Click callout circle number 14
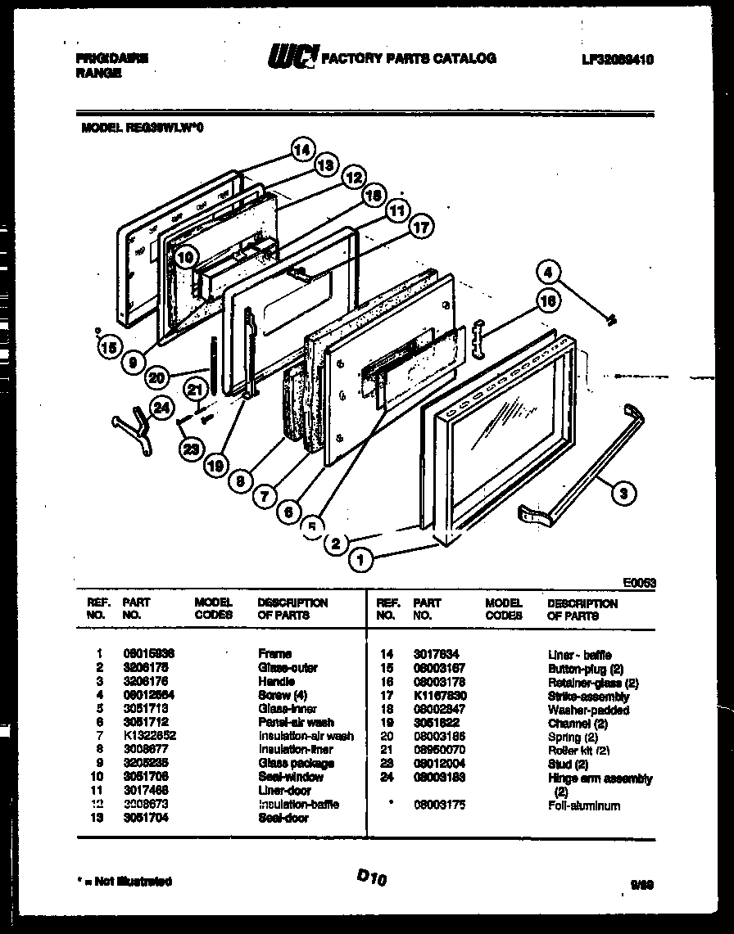pos(302,151)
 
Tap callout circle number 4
pos(550,272)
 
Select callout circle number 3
pos(623,493)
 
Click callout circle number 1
pos(358,560)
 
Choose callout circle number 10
pos(185,256)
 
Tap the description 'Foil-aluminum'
pos(583,805)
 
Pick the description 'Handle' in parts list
pos(274,681)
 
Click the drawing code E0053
pos(639,583)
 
